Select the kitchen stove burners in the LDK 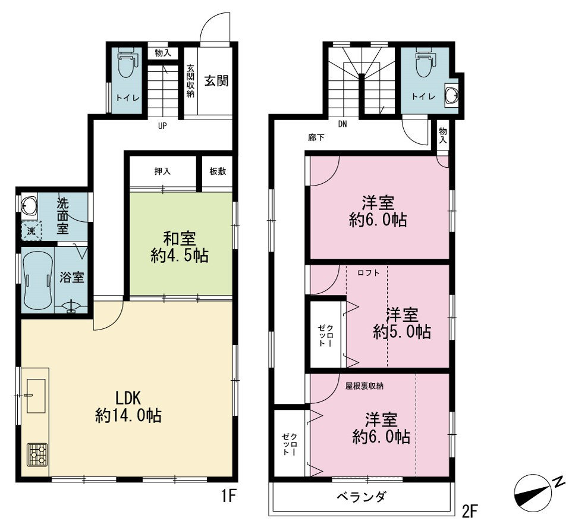coord(37,454)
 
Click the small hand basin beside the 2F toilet coord(452,96)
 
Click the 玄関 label coord(216,81)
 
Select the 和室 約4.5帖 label coord(180,248)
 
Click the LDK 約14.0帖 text coord(128,407)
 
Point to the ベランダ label coord(361,497)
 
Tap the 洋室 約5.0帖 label coord(402,324)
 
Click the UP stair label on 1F coord(162,126)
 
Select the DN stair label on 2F coord(342,124)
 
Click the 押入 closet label coord(163,171)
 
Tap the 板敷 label coord(218,171)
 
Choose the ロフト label coord(369,272)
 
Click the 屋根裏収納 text coord(364,386)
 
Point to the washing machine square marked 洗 coord(32,231)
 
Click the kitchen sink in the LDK coord(36,396)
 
